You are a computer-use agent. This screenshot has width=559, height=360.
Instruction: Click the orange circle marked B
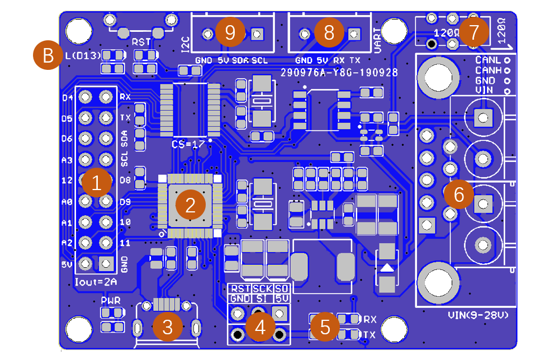pyautogui.click(x=48, y=55)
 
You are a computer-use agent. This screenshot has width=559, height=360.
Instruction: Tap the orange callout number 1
pyautogui.click(x=96, y=183)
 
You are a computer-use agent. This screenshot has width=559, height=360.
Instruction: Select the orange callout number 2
pyautogui.click(x=190, y=205)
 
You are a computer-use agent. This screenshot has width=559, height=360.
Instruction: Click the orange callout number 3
pyautogui.click(x=167, y=326)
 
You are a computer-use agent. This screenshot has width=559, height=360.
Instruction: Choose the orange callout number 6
pyautogui.click(x=459, y=194)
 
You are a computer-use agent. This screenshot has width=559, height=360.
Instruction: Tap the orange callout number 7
pyautogui.click(x=473, y=32)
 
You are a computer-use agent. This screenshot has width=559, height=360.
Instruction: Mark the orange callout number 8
pyautogui.click(x=329, y=32)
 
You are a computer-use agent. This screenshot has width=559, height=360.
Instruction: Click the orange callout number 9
pyautogui.click(x=230, y=32)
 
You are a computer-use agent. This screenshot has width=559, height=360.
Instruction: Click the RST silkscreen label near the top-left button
pyautogui.click(x=141, y=42)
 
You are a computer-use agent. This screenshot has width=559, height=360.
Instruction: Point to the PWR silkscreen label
pyautogui.click(x=111, y=301)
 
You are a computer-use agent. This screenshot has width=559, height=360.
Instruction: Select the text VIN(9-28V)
pyautogui.click(x=479, y=316)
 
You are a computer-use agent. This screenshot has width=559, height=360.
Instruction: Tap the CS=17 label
pyautogui.click(x=188, y=144)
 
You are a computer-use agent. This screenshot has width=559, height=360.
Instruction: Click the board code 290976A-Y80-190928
pyautogui.click(x=339, y=73)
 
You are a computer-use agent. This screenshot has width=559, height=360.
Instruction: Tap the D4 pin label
pyautogui.click(x=67, y=98)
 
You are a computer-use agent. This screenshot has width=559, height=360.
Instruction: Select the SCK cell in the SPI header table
pyautogui.click(x=262, y=289)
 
